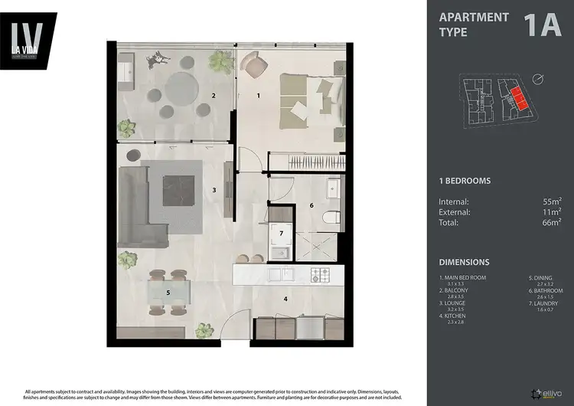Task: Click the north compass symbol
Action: pos(540,80)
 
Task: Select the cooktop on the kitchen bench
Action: pos(319,273)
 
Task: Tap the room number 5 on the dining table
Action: pos(168,292)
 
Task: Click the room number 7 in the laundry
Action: pos(281,232)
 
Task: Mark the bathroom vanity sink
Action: pos(332,188)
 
